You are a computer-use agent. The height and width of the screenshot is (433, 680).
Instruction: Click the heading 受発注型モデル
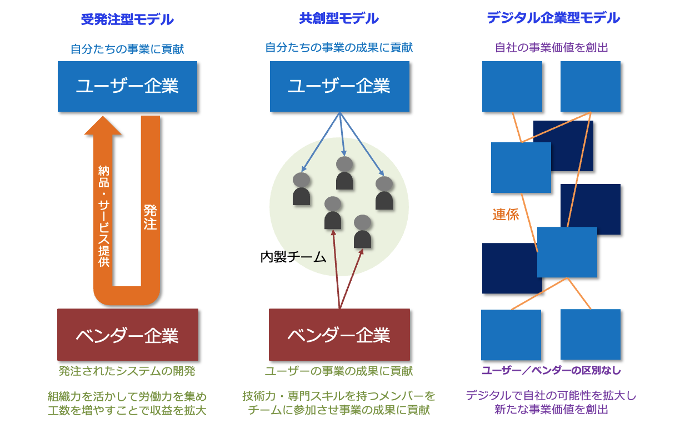click(x=127, y=19)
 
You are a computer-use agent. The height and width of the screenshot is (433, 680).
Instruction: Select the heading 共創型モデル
click(x=339, y=18)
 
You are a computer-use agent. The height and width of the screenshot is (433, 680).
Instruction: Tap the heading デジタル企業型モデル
click(x=553, y=18)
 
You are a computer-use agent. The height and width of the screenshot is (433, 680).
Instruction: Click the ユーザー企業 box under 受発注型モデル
click(x=128, y=87)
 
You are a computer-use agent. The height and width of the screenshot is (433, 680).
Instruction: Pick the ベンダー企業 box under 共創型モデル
click(x=339, y=335)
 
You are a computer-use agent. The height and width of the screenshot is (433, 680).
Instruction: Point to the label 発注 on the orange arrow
click(x=150, y=217)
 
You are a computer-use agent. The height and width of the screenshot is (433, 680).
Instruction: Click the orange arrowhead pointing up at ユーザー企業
click(x=103, y=126)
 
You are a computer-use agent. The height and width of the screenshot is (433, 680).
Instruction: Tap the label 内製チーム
click(x=293, y=257)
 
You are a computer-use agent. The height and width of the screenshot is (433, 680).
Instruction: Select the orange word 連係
click(x=506, y=215)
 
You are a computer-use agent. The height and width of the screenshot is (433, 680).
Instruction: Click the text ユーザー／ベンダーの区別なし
click(x=551, y=370)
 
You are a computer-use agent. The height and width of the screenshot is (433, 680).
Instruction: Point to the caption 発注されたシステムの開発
click(x=127, y=371)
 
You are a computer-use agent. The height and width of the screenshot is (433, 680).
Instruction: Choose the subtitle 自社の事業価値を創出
click(x=552, y=48)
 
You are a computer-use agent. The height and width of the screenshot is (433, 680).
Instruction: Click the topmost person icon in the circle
click(x=344, y=173)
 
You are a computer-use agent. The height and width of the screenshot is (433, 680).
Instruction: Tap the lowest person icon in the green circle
click(x=362, y=231)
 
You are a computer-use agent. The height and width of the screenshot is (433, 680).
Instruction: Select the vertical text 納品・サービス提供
click(x=103, y=216)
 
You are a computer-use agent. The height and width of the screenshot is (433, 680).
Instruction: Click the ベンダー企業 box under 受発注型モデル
click(x=128, y=335)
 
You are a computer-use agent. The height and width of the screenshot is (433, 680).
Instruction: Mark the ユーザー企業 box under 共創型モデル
click(x=339, y=87)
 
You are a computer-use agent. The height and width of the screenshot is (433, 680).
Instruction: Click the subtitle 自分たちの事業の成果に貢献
click(x=339, y=48)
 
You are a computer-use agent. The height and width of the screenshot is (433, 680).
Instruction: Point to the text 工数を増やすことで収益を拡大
click(x=127, y=411)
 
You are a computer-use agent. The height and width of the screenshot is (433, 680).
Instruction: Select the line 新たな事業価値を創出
click(x=551, y=410)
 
